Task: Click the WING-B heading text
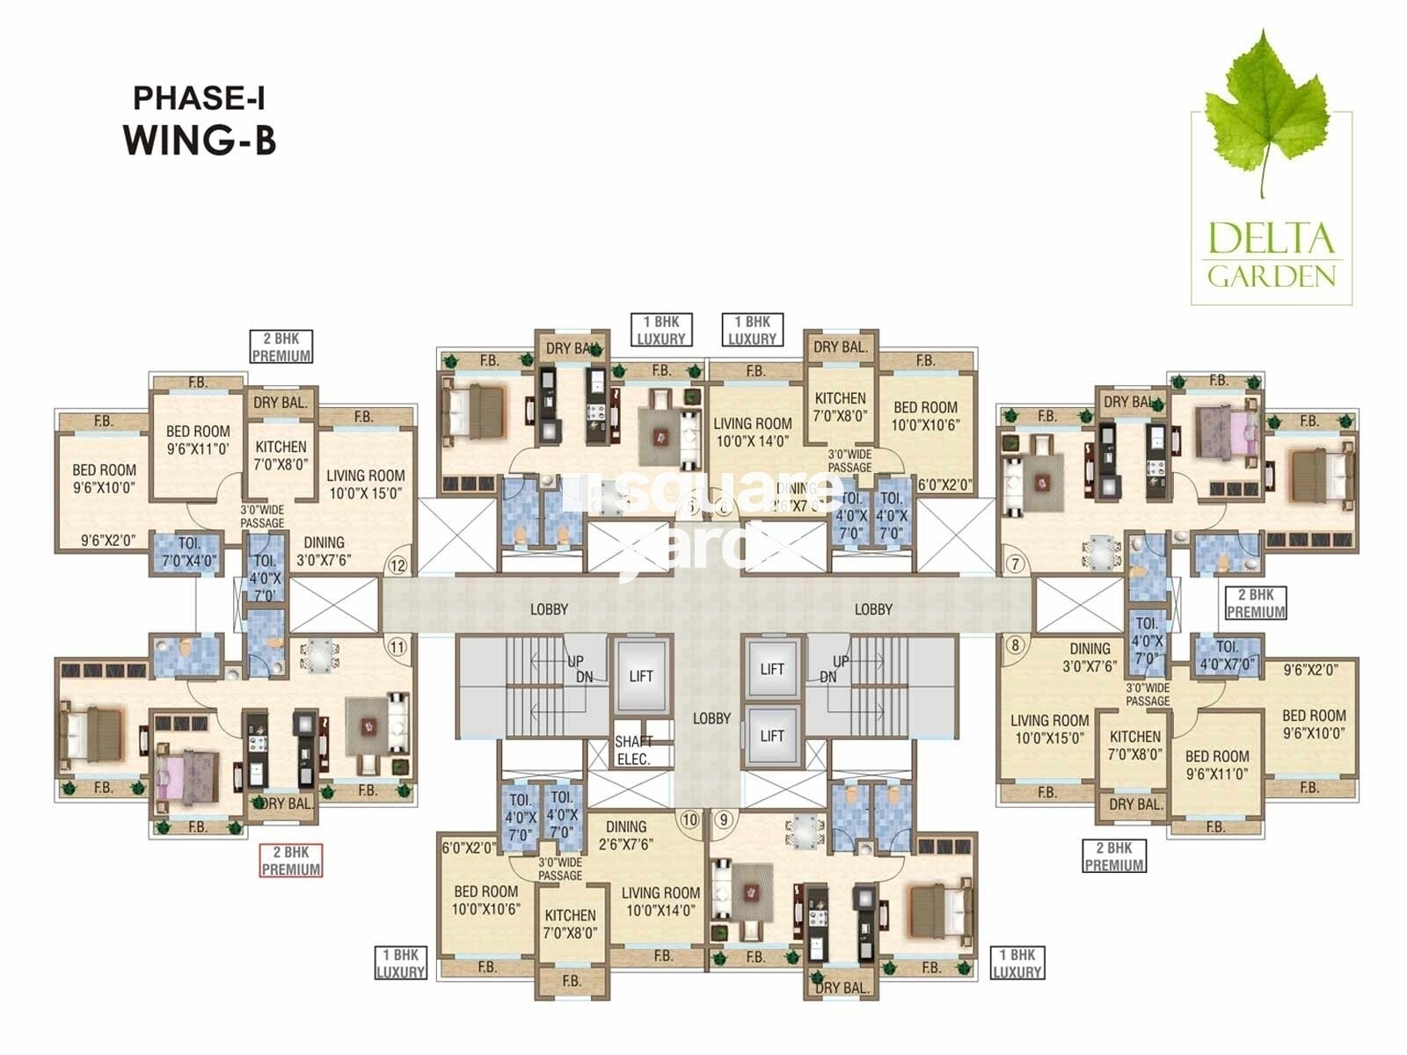tap(200, 141)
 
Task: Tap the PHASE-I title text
tap(199, 98)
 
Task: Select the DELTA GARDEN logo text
tap(1272, 256)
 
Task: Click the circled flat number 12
tap(398, 565)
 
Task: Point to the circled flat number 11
tap(397, 648)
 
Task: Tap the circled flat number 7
tap(1016, 564)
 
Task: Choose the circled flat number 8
tap(1016, 645)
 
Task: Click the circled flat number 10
tap(689, 819)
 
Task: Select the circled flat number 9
tap(724, 819)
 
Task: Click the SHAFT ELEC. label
tap(633, 750)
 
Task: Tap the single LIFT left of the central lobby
tap(641, 676)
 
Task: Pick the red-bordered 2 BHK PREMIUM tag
tap(291, 861)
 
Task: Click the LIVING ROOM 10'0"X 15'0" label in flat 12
tap(365, 484)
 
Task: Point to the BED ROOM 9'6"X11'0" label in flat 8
tap(1216, 765)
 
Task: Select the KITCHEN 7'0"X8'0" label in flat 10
tap(570, 924)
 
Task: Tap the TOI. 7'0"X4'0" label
tap(189, 551)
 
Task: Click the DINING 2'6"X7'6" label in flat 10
tap(626, 835)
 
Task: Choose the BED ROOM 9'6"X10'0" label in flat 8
tap(1314, 724)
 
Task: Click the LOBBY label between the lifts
tap(711, 718)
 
